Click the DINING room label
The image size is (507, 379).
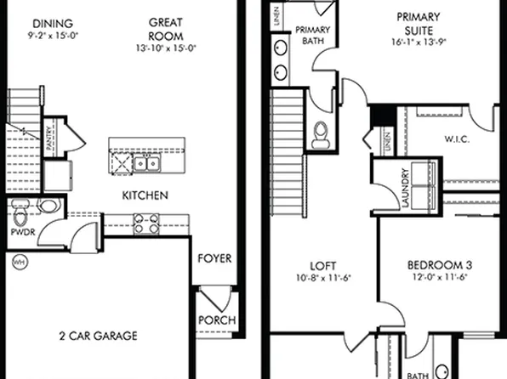click(x=51, y=23)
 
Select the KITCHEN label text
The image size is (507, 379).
click(x=145, y=195)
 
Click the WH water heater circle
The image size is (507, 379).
click(x=18, y=263)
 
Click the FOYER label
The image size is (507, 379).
click(x=214, y=258)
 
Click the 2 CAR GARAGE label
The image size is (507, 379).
click(x=100, y=336)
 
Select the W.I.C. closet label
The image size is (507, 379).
click(x=458, y=139)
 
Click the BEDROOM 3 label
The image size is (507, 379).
click(x=440, y=264)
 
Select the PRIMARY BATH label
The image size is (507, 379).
click(x=312, y=35)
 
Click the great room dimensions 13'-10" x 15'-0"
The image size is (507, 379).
click(x=167, y=48)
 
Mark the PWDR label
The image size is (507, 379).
click(x=22, y=229)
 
